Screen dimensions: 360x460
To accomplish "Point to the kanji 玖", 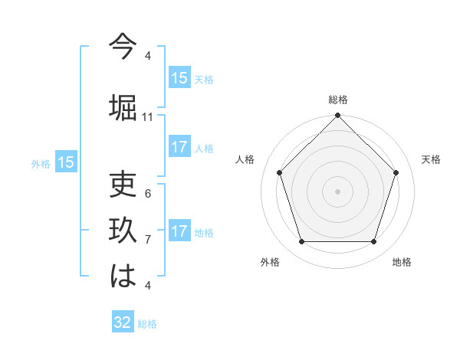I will (123, 230).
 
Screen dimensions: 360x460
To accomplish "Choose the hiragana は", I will (123, 276).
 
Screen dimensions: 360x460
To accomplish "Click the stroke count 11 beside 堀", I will (148, 117).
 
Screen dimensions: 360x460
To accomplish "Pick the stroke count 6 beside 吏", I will (148, 194).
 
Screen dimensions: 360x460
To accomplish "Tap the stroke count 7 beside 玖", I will (148, 240).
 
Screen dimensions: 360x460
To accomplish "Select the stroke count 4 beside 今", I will (148, 56).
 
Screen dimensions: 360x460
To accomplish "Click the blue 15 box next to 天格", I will (179, 78).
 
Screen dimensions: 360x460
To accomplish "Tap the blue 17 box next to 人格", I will (179, 147).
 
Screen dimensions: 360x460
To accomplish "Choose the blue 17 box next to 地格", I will (179, 231).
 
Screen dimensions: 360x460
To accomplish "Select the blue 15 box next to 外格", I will (66, 162).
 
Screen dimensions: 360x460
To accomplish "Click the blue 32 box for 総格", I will (123, 322).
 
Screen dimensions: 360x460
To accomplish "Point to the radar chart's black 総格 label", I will (337, 100).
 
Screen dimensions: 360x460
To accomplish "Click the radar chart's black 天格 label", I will (432, 159).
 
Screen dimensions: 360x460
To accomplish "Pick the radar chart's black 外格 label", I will (270, 262).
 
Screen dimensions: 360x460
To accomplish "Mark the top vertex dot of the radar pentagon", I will (337, 116).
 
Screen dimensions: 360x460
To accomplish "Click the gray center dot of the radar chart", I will (337, 191).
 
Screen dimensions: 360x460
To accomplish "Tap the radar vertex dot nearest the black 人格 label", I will (280, 172).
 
